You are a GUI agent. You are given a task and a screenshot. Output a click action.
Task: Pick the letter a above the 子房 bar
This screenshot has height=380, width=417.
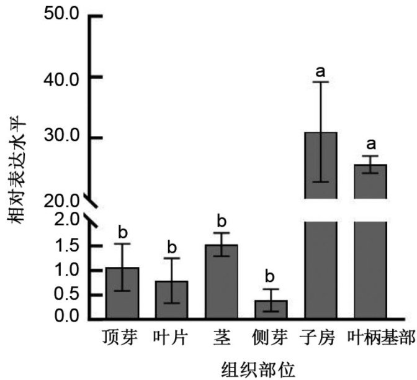coord(321,71)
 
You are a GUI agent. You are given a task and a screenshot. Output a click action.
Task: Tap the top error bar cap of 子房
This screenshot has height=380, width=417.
coord(321,82)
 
